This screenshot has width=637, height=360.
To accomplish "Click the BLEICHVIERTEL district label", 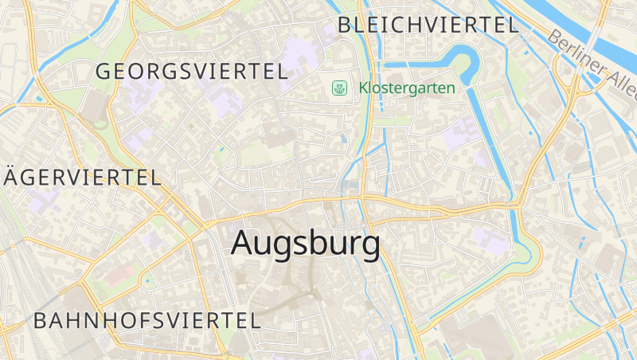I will pos(428,25).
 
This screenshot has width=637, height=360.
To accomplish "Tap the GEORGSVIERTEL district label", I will pos(191,71).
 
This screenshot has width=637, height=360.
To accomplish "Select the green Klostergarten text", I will pos(407,88).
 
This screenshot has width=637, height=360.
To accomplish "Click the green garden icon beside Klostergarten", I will pos(340,88).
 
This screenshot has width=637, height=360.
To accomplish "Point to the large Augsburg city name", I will pos(305,245).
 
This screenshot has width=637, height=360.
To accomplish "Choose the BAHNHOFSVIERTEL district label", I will pos(147,321).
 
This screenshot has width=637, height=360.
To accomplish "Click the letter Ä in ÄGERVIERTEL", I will pos(10,176).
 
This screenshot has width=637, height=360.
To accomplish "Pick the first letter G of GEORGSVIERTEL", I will pos(104,71).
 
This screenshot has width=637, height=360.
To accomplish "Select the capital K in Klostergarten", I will pos(363,88).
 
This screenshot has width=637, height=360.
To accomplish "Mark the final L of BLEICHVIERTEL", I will pos(513,25).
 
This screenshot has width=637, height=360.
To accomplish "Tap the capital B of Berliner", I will pos(554,36).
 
